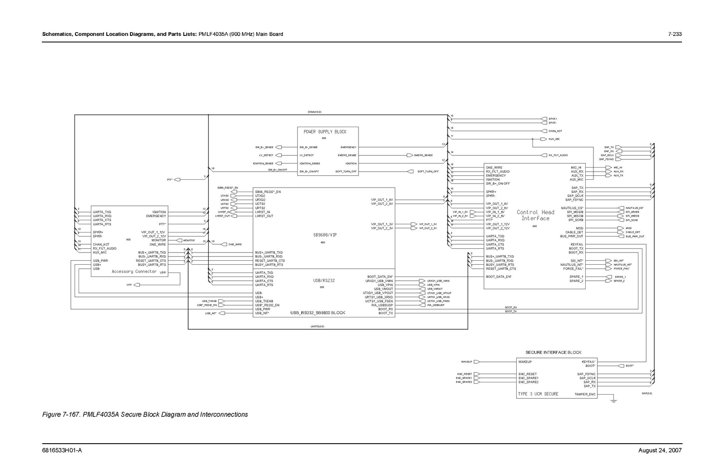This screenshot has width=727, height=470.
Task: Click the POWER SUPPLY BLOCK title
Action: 325,132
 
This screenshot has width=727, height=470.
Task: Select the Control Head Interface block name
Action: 535,215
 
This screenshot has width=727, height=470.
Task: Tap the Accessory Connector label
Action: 134,272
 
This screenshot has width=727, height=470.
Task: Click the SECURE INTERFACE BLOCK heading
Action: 553,352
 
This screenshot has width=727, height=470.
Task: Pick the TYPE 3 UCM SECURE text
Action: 538,394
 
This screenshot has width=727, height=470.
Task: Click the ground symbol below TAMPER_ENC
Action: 613,400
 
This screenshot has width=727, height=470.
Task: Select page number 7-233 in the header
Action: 675,34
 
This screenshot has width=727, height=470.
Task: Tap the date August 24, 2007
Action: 660,450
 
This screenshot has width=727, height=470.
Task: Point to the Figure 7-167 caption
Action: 145,415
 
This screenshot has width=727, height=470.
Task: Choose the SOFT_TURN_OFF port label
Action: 428,172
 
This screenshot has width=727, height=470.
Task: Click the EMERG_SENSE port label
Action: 423,155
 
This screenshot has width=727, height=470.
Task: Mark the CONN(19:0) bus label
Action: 314,112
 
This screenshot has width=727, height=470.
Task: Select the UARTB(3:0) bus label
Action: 317,327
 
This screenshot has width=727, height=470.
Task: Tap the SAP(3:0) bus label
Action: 647,393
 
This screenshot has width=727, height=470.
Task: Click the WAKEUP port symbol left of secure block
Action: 477,362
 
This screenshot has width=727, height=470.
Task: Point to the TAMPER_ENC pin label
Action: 585,394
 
